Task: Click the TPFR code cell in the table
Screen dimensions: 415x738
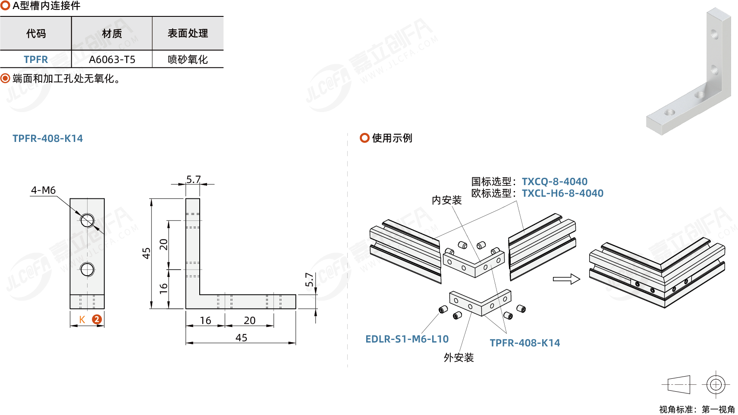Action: [x=36, y=60]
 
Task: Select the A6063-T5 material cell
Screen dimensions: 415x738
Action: [x=112, y=60]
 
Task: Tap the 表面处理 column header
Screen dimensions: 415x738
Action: [x=188, y=33]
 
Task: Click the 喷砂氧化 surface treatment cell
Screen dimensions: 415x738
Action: [x=188, y=60]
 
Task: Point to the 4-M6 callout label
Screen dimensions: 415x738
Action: [x=43, y=190]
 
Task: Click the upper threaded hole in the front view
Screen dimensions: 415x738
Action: [x=87, y=220]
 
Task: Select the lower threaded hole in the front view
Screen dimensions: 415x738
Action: [x=87, y=270]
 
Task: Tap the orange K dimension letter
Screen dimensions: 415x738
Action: [x=82, y=320]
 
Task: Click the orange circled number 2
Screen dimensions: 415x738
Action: [x=97, y=320]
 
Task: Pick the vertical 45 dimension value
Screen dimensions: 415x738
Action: [x=146, y=253]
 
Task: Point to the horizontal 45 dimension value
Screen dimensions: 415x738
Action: [x=241, y=338]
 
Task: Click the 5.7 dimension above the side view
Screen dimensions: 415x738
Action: [x=193, y=179]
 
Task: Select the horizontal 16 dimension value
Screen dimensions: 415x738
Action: [x=205, y=321]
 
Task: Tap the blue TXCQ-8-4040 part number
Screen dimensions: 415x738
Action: [x=554, y=182]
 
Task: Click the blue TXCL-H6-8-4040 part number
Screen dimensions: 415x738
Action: [x=562, y=193]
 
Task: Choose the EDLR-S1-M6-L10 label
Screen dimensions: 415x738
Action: [x=407, y=339]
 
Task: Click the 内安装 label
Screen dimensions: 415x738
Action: [x=446, y=200]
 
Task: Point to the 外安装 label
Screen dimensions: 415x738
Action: [x=459, y=358]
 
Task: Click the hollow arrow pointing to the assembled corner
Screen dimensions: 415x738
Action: [x=566, y=279]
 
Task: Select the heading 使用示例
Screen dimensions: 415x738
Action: [x=392, y=138]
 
